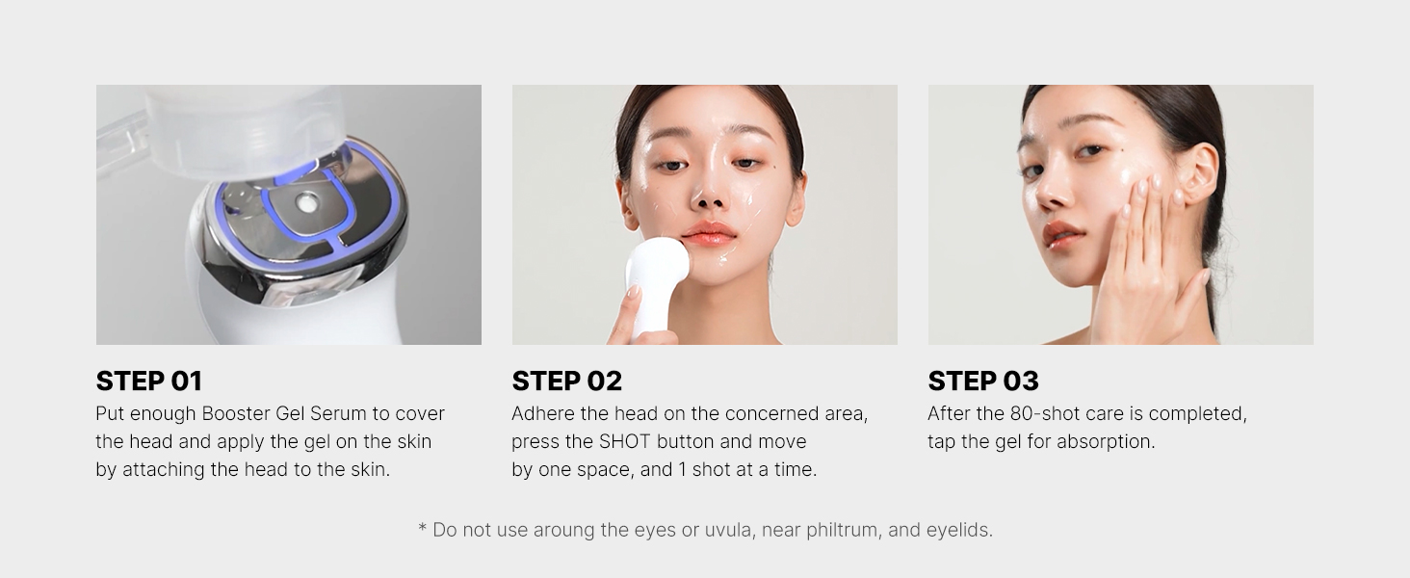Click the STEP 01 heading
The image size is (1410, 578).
click(x=149, y=381)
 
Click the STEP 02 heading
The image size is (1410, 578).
click(x=566, y=381)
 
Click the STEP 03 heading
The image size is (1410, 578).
click(x=982, y=381)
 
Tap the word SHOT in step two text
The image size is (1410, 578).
click(x=625, y=442)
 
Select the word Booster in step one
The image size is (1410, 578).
click(x=236, y=414)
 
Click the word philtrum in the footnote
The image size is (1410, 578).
click(x=845, y=530)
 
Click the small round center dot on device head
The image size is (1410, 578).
click(x=307, y=202)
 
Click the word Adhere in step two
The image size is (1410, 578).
click(x=541, y=414)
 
